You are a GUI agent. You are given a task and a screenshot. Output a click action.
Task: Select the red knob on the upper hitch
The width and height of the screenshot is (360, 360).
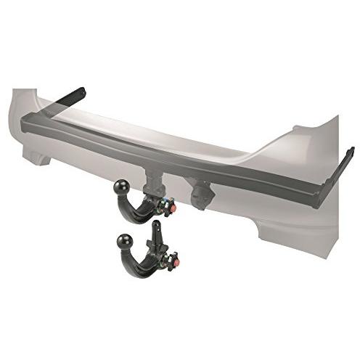point(174,208)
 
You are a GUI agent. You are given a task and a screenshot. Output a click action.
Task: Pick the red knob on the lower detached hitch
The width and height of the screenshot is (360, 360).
point(174,258)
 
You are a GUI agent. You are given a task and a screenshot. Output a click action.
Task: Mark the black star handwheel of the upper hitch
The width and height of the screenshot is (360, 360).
point(166,208)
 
